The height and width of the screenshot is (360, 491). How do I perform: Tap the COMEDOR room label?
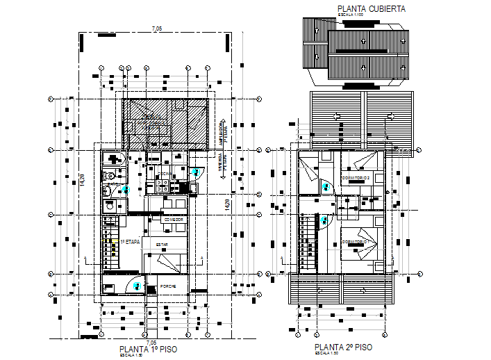tap(172, 220)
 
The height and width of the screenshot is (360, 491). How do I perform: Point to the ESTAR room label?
tap(162, 245)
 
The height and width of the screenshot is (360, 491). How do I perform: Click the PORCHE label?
tap(167, 286)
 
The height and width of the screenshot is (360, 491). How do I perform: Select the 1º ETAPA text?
tap(130, 240)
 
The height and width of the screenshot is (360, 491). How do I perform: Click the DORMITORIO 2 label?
tap(356, 179)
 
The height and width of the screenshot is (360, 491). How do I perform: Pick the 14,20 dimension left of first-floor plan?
tap(82, 179)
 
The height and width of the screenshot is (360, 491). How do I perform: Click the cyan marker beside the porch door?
tap(138, 285)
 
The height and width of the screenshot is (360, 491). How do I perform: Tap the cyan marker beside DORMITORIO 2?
tap(326, 185)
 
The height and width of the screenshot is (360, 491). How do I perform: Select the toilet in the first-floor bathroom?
tap(108, 192)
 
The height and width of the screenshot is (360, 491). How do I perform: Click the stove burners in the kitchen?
tap(161, 186)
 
